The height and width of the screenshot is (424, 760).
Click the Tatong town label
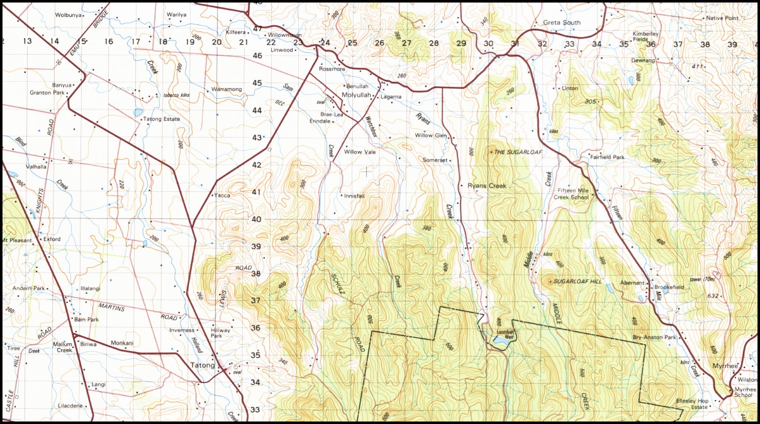coord(202,365)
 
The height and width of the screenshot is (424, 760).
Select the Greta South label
coord(562,23)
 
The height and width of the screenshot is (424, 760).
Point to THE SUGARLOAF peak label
coord(518,152)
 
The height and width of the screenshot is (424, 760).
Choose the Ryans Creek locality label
coord(487,186)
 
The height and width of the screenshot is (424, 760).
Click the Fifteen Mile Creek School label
coord(571,194)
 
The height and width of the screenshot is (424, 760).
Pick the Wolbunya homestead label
coord(69,14)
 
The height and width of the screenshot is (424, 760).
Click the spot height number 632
coord(712,295)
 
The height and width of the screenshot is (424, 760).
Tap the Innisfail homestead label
coord(354,196)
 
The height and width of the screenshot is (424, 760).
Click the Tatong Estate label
coord(162,119)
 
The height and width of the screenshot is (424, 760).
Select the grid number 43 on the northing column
coord(257,137)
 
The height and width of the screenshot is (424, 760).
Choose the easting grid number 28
coord(433,43)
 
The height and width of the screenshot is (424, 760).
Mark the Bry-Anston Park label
coord(654,338)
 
